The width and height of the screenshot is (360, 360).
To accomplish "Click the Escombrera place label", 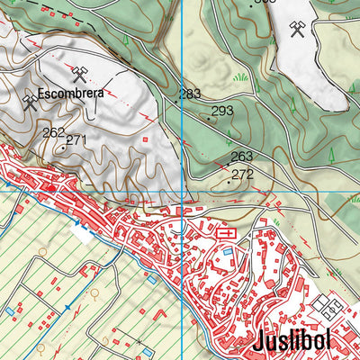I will pyautogui.click(x=72, y=93).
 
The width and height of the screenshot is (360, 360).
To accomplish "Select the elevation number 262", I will pyautogui.click(x=53, y=131).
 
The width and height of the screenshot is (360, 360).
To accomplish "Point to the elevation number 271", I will pyautogui.click(x=76, y=139).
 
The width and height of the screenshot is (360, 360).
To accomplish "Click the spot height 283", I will pyautogui.click(x=190, y=94).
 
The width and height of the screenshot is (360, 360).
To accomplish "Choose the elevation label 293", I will pyautogui.click(x=222, y=111).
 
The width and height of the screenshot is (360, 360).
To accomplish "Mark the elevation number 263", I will pyautogui.click(x=242, y=157).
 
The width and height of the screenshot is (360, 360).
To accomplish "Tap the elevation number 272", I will pyautogui.click(x=243, y=174).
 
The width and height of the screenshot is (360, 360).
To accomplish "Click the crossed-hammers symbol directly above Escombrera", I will pyautogui.click(x=78, y=71).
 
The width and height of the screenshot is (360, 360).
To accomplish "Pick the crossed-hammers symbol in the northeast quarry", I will pyautogui.click(x=297, y=30).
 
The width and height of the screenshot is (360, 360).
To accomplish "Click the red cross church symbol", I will pyautogui.click(x=227, y=233).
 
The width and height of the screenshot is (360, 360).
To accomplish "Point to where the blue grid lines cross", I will pyautogui.click(x=183, y=191).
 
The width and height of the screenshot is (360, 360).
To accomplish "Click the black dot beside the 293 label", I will pyautogui.click(x=209, y=117).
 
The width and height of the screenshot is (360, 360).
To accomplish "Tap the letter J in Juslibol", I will pyautogui.click(x=258, y=343).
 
